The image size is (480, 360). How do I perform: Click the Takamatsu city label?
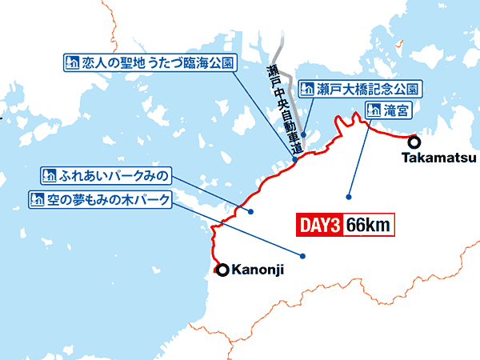click(431, 158)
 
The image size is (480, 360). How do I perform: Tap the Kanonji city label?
click(257, 271)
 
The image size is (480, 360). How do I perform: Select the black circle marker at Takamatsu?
click(414, 142)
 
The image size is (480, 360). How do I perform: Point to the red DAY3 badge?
click(320, 226)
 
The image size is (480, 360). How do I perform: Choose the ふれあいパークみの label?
click(106, 174)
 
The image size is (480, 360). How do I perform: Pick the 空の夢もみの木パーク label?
click(100, 198)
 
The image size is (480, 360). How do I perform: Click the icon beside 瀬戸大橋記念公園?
click(306, 88)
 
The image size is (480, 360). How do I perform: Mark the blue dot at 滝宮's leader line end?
click(349, 196)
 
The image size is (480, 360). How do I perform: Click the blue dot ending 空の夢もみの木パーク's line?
click(303, 256)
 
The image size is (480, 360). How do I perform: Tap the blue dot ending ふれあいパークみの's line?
click(251, 212)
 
